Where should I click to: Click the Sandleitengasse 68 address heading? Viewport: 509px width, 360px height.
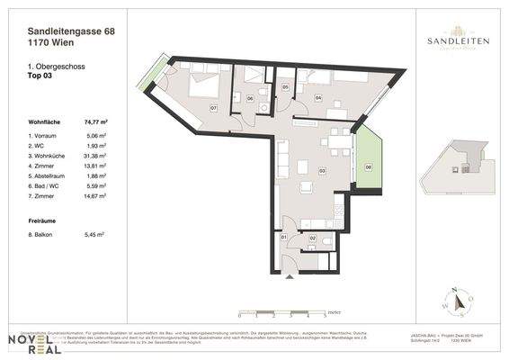(x=71, y=32)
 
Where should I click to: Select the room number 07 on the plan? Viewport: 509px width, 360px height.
(x=213, y=108)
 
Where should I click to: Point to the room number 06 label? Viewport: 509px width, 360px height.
(x=250, y=97)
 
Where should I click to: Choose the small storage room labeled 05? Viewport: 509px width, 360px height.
(x=285, y=87)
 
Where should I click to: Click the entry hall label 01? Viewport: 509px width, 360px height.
(x=284, y=237)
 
